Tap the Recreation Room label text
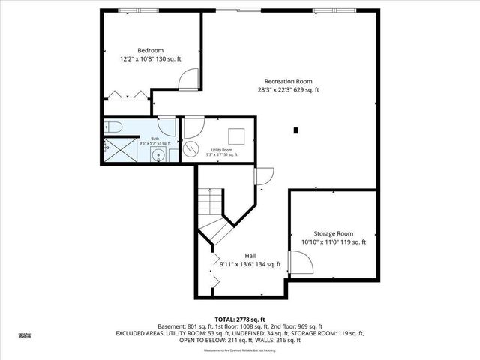288,81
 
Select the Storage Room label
333,233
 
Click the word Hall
250,255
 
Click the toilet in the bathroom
112,127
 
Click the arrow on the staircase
211,197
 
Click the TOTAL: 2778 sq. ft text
239,318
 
